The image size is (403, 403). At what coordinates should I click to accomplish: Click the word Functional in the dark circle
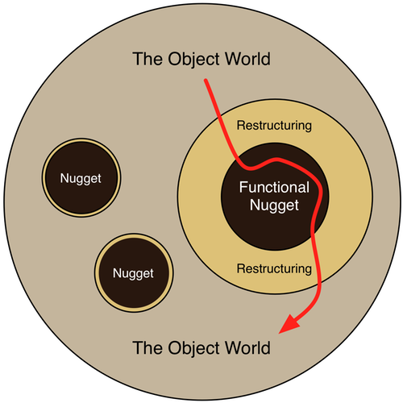pyautogui.click(x=274, y=187)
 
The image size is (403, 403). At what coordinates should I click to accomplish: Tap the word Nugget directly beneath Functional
pyautogui.click(x=274, y=206)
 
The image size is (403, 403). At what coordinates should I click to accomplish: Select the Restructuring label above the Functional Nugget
pyautogui.click(x=274, y=126)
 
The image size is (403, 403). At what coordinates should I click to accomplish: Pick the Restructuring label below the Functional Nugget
pyautogui.click(x=274, y=268)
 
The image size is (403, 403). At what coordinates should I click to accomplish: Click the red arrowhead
pyautogui.click(x=289, y=324)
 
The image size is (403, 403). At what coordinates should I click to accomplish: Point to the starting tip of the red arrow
pyautogui.click(x=206, y=80)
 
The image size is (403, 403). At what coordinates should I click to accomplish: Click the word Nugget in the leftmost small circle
pyautogui.click(x=81, y=178)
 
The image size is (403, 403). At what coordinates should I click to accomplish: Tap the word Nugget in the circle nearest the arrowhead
pyautogui.click(x=133, y=273)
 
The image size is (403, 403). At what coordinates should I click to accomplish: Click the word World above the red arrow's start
pyautogui.click(x=247, y=59)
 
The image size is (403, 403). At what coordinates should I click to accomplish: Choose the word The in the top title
pyautogui.click(x=148, y=59)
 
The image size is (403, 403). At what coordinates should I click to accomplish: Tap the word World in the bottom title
pyautogui.click(x=247, y=348)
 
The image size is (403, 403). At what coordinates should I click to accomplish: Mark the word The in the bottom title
pyautogui.click(x=148, y=348)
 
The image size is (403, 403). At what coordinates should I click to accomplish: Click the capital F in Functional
pyautogui.click(x=243, y=187)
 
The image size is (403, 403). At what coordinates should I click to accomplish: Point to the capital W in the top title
pyautogui.click(x=233, y=59)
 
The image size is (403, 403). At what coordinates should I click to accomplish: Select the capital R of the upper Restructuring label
pyautogui.click(x=241, y=125)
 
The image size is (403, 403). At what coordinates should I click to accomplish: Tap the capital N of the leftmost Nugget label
pyautogui.click(x=64, y=178)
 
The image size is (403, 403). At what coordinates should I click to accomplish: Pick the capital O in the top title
pyautogui.click(x=175, y=59)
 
